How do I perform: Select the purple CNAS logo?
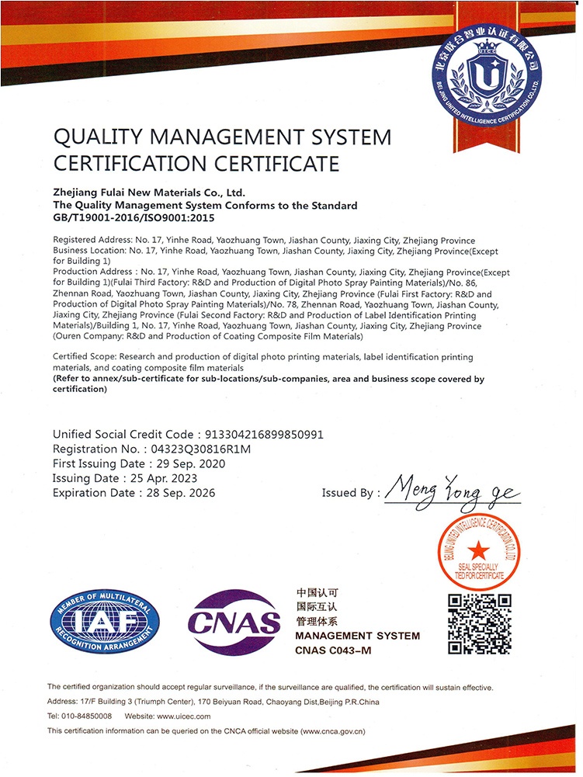pos(234,622)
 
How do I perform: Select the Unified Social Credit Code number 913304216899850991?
pos(262,434)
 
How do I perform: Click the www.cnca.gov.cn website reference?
pos(331,731)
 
